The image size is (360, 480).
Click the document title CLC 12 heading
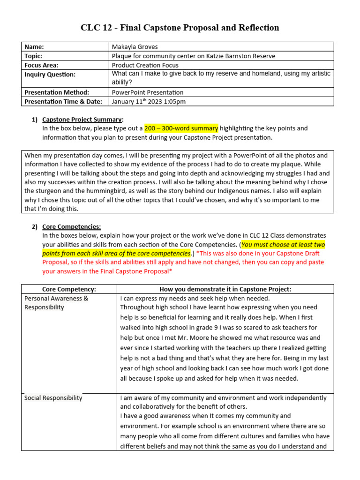coord(180,28)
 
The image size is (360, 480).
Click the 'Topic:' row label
coord(34,56)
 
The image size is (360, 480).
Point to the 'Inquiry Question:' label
coord(50,74)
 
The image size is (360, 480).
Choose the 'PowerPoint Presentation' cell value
coord(148,92)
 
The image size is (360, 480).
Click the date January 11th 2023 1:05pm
coord(149,101)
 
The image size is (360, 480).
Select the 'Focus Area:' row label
coord(41,65)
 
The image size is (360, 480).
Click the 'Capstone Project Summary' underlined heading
coord(82,119)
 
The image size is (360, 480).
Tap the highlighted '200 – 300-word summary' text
coord(181,128)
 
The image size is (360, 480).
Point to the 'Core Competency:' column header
coord(69,289)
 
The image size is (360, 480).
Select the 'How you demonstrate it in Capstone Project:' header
coord(225,289)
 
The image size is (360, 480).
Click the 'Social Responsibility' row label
coord(53,398)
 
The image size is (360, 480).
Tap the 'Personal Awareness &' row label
coord(56,298)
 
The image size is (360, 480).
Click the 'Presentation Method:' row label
coord(56,92)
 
